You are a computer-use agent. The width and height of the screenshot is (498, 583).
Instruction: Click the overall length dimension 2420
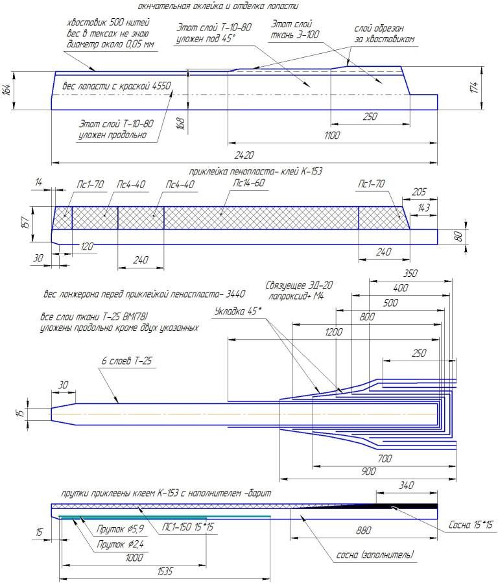244,155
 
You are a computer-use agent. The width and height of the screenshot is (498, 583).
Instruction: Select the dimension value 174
473,88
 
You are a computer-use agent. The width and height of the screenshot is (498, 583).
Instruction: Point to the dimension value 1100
332,135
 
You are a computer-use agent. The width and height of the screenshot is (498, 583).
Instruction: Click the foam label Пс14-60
248,183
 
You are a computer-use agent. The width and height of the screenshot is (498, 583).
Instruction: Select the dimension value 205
419,192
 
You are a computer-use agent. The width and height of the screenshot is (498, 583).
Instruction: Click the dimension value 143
423,208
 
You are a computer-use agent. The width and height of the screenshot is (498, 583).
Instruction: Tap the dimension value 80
458,236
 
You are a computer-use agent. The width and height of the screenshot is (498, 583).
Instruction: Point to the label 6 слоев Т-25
126,361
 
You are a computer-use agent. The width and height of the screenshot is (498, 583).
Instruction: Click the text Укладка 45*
238,311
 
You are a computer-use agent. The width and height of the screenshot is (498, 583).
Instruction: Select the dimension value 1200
333,331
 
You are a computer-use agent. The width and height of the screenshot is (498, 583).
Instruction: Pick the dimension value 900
368,471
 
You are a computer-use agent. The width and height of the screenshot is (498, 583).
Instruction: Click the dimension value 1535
165,571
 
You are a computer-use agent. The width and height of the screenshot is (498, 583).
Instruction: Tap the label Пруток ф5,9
120,529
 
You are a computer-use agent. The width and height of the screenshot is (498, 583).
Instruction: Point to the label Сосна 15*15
471,525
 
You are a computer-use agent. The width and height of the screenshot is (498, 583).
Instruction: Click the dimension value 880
363,530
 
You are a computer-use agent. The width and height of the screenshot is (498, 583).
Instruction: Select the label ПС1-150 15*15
187,527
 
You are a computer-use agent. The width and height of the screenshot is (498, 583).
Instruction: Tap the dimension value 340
407,485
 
